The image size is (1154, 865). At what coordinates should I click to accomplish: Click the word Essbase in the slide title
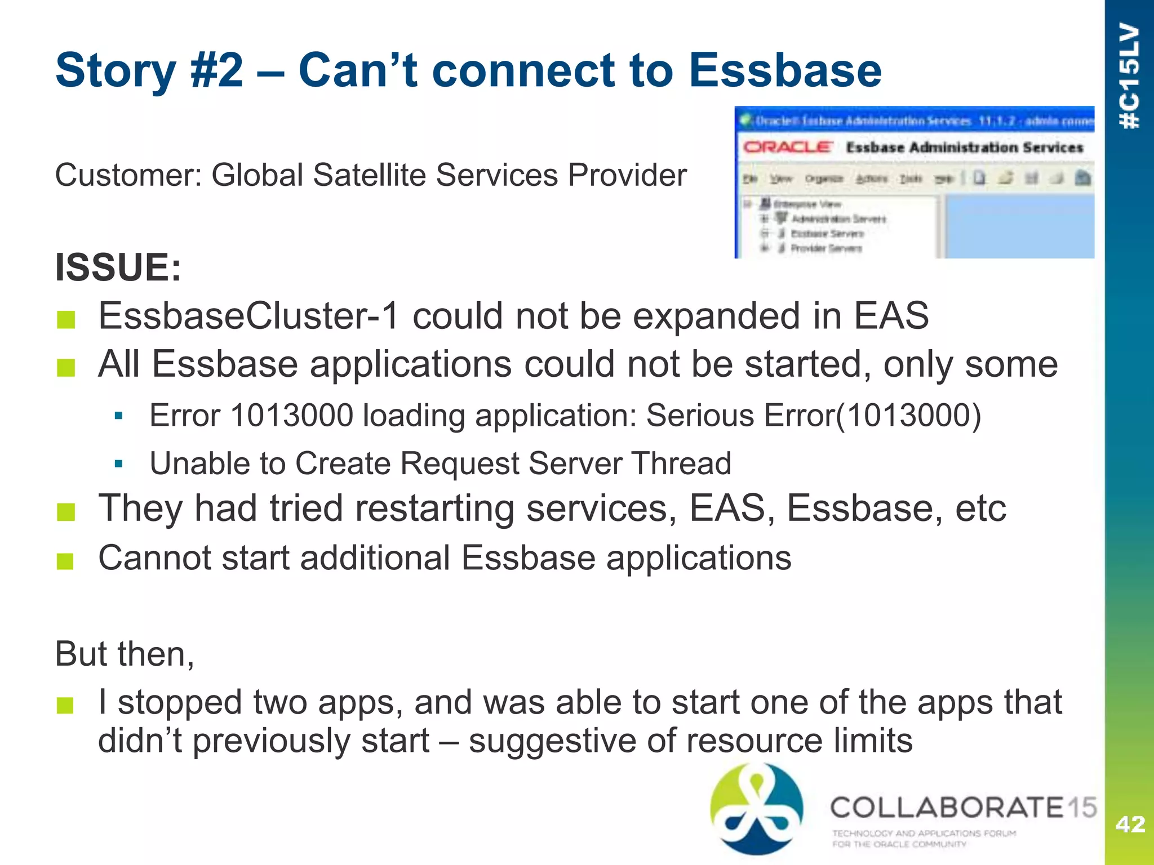(x=784, y=70)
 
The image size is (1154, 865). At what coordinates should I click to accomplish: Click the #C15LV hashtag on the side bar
(x=1129, y=76)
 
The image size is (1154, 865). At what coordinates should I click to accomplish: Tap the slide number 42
(x=1130, y=824)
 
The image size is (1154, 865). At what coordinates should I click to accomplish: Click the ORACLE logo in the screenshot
(x=787, y=147)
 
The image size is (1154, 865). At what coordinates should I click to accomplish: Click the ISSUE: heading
(x=118, y=267)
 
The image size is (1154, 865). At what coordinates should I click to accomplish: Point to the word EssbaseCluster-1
(x=248, y=315)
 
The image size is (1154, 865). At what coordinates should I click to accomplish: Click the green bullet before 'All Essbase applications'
(x=66, y=368)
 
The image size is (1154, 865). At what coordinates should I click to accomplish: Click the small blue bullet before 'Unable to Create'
(x=118, y=464)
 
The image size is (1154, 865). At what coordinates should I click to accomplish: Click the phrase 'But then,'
(x=125, y=654)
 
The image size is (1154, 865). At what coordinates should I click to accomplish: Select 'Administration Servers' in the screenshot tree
(x=838, y=219)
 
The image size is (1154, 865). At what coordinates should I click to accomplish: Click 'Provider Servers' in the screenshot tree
(x=825, y=248)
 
